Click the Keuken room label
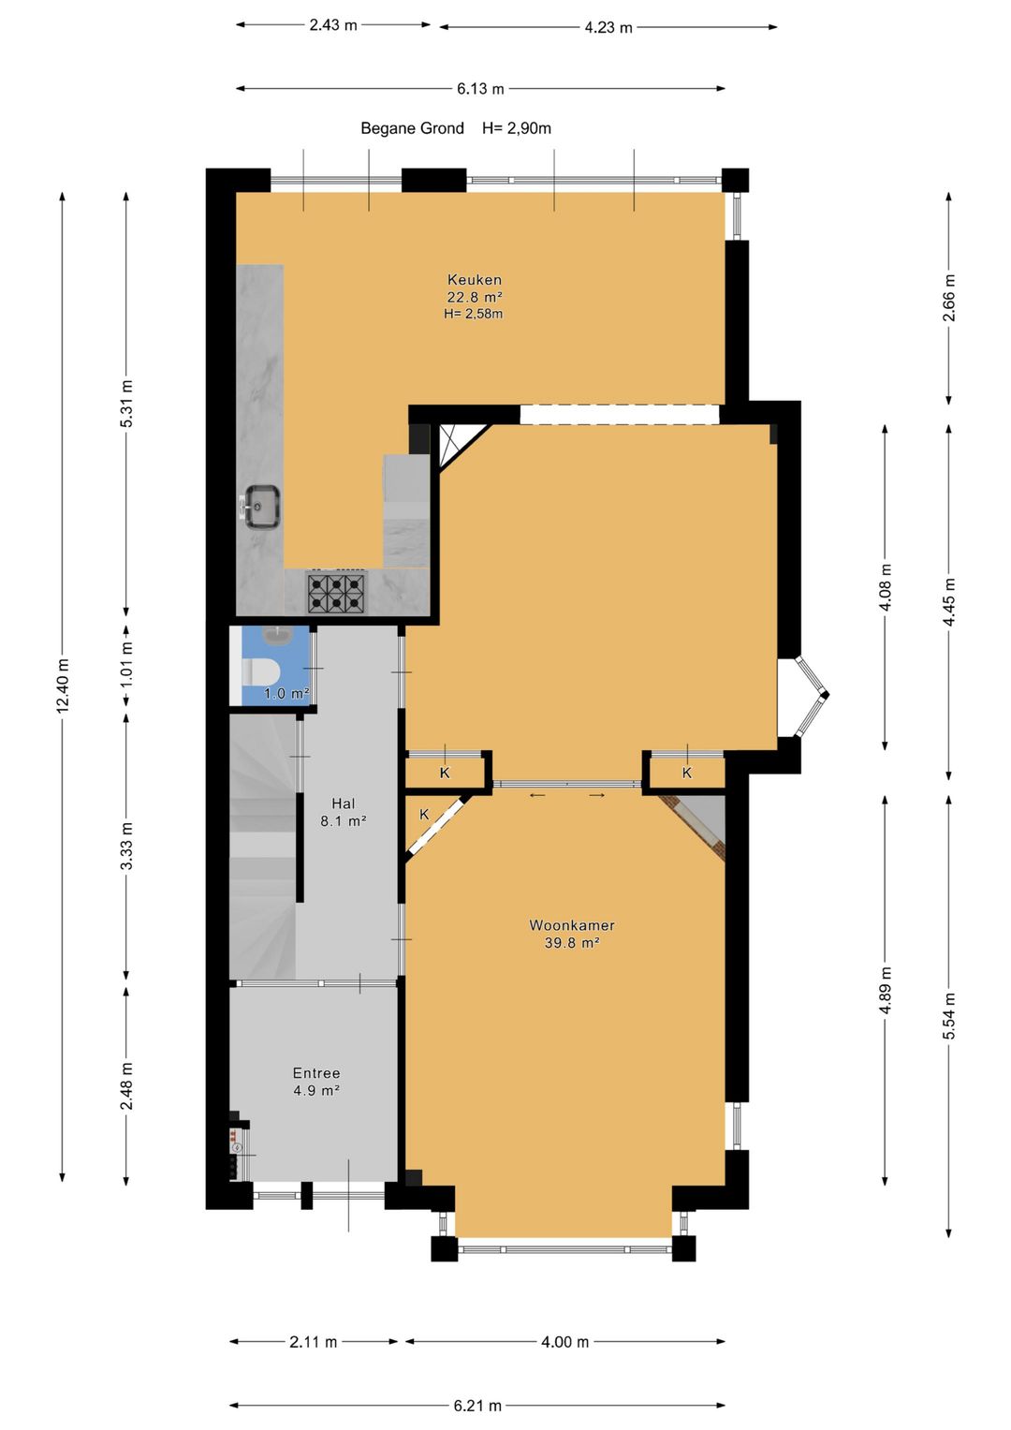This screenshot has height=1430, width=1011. tap(475, 280)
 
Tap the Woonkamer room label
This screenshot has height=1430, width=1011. tap(572, 925)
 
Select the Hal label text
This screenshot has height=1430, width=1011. tap(344, 803)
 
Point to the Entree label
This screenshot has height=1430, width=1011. tap(316, 1073)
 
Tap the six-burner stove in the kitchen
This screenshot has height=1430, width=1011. tap(336, 593)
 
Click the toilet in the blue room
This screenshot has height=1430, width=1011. tap(262, 671)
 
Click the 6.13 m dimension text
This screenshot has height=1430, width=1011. tap(480, 89)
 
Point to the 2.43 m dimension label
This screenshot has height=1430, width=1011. tap(333, 25)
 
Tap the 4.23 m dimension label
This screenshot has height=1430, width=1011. tap(608, 27)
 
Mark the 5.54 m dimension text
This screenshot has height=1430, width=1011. tap(949, 1016)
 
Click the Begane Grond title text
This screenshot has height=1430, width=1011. tap(412, 128)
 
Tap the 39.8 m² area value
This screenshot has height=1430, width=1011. tap(572, 942)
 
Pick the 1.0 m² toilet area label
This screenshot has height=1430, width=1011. tap(286, 693)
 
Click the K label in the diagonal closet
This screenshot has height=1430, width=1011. tap(424, 815)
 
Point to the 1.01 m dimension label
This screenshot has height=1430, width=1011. tap(127, 664)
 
